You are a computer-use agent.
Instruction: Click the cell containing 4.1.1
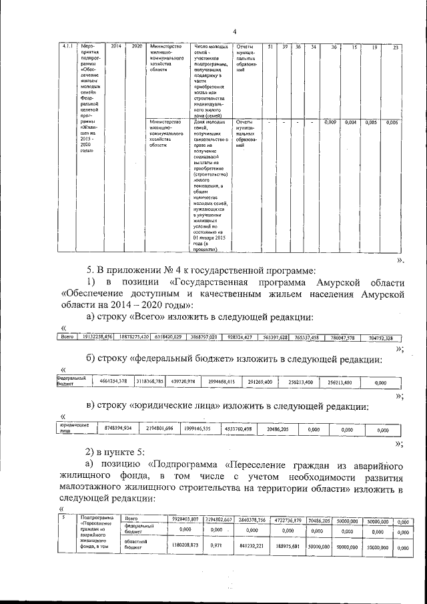click(x=66, y=47)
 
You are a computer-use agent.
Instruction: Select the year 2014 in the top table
click(x=115, y=47)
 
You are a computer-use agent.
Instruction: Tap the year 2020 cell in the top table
click(x=137, y=47)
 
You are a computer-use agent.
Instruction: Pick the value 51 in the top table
click(x=270, y=47)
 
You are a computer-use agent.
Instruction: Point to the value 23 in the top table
click(x=396, y=47)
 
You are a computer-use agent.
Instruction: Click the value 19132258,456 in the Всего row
click(x=94, y=337)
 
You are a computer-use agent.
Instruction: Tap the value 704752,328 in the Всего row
click(x=384, y=338)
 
